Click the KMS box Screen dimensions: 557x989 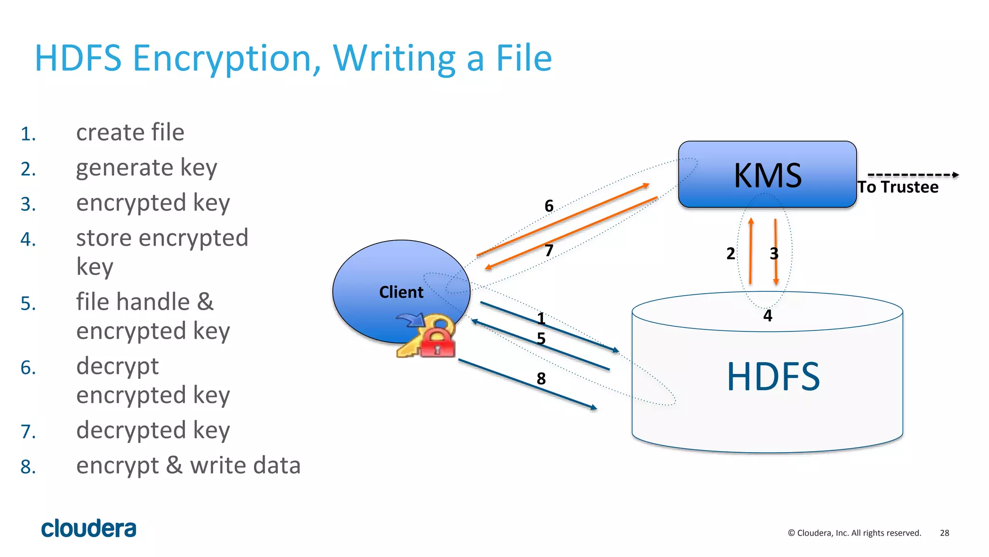(767, 174)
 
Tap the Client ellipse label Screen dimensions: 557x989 (401, 292)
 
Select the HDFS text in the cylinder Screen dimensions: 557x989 (773, 377)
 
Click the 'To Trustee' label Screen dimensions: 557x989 (898, 187)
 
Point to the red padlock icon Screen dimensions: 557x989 (438, 343)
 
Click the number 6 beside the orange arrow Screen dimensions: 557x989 (549, 206)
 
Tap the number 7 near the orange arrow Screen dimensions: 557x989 (549, 250)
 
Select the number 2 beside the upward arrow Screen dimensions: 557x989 (731, 254)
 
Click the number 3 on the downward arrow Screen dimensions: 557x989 (774, 254)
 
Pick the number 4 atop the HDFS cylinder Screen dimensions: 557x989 (767, 316)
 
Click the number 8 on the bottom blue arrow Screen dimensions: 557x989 (541, 379)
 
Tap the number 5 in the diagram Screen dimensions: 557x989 (541, 339)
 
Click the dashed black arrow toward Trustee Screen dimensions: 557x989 (913, 175)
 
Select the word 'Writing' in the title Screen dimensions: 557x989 (394, 58)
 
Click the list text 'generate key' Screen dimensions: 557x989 (146, 168)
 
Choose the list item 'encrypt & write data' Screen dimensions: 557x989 (188, 466)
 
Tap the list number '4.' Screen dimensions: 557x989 (28, 240)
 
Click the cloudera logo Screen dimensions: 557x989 (89, 528)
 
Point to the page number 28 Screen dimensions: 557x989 (945, 533)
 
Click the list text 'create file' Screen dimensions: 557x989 (130, 132)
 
